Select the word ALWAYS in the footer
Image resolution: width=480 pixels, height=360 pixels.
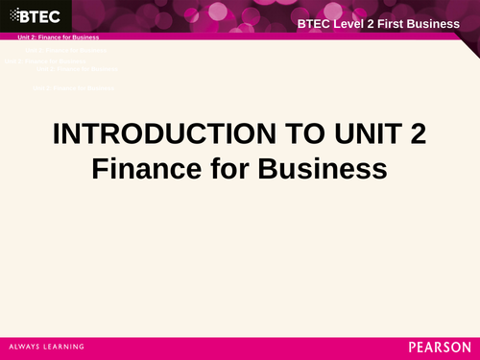[26, 346]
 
